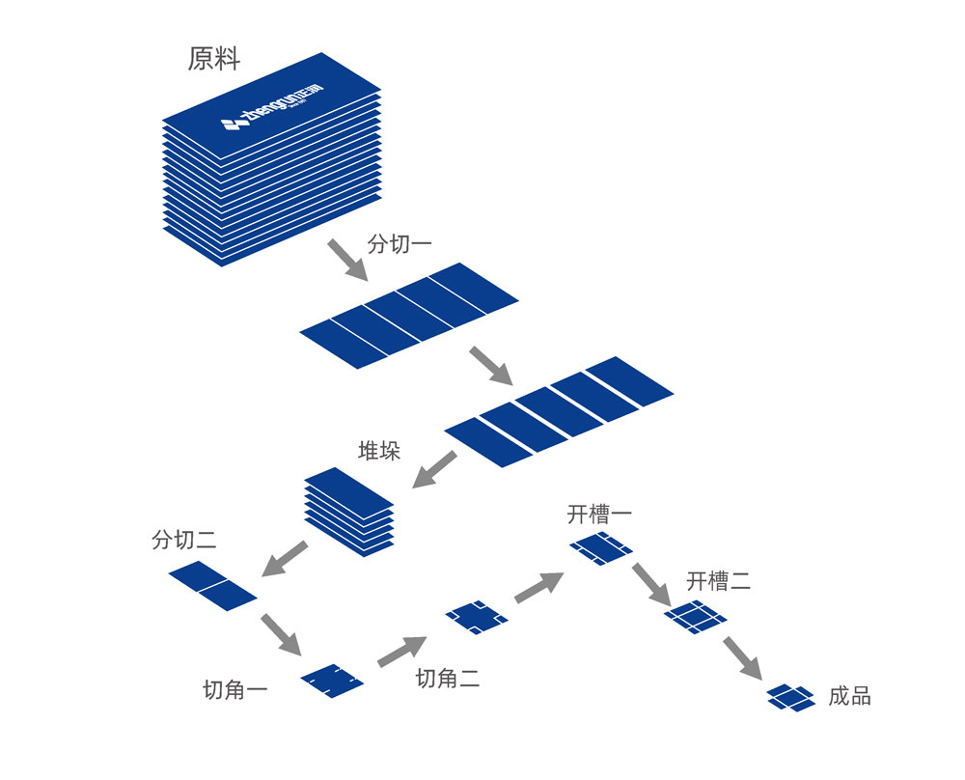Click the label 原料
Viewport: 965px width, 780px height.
click(213, 60)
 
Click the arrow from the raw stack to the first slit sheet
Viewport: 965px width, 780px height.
click(346, 260)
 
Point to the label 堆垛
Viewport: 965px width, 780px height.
click(379, 451)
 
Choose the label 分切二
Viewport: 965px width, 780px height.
click(184, 541)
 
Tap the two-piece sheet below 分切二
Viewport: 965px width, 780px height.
click(212, 585)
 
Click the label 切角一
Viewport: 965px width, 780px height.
click(235, 690)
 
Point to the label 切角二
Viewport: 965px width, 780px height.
click(448, 679)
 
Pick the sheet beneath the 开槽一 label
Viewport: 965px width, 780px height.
click(600, 549)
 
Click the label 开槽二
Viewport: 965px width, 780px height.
click(719, 581)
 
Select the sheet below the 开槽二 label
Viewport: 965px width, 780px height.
click(695, 617)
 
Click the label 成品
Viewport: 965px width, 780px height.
click(849, 696)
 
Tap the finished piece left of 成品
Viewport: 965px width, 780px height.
click(793, 696)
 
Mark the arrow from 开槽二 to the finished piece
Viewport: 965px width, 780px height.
click(742, 657)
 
